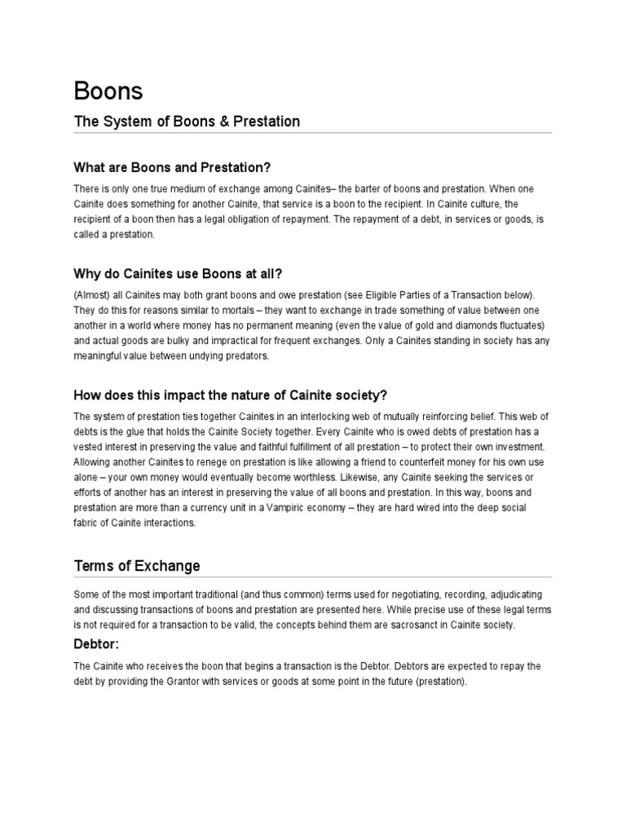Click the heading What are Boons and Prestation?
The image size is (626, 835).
click(172, 168)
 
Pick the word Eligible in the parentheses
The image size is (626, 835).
click(386, 293)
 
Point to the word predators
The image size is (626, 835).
click(245, 356)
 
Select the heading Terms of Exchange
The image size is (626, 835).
click(137, 565)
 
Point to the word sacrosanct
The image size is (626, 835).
click(404, 625)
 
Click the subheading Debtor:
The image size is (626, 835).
click(97, 644)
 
